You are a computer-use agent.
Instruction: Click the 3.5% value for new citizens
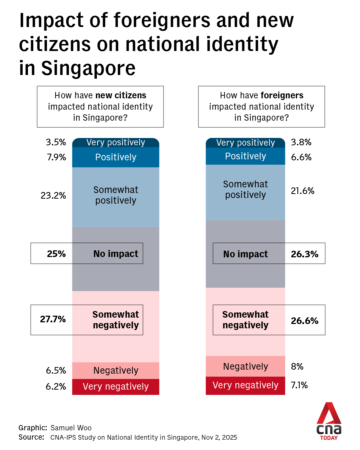pyautogui.click(x=56, y=142)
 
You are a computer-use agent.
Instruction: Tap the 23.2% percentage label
pyautogui.click(x=53, y=195)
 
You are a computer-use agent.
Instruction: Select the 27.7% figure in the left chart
pyautogui.click(x=53, y=319)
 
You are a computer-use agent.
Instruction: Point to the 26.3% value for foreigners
pyautogui.click(x=304, y=254)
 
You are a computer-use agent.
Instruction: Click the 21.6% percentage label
pyautogui.click(x=302, y=191)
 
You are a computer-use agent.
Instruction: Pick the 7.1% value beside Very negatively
pyautogui.click(x=299, y=385)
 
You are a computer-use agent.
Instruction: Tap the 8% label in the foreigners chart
pyautogui.click(x=297, y=367)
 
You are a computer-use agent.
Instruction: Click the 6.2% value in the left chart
pyautogui.click(x=56, y=387)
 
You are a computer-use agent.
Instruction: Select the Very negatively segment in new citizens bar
pyautogui.click(x=116, y=387)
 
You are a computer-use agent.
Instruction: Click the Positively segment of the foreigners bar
pyautogui.click(x=245, y=156)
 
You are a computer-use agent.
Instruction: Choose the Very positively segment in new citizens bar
pyautogui.click(x=116, y=143)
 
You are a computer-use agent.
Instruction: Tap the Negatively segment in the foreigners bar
pyautogui.click(x=245, y=366)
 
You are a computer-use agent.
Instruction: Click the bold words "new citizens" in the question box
pyautogui.click(x=121, y=95)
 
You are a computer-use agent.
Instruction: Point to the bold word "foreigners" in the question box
pyautogui.click(x=282, y=95)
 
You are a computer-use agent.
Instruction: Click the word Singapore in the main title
pyautogui.click(x=88, y=68)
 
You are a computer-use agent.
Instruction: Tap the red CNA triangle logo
pyautogui.click(x=329, y=413)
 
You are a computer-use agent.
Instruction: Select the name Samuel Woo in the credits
pyautogui.click(x=71, y=428)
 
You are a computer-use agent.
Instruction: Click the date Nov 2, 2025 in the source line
pyautogui.click(x=219, y=437)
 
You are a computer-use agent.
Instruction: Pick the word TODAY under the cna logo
pyautogui.click(x=329, y=438)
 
